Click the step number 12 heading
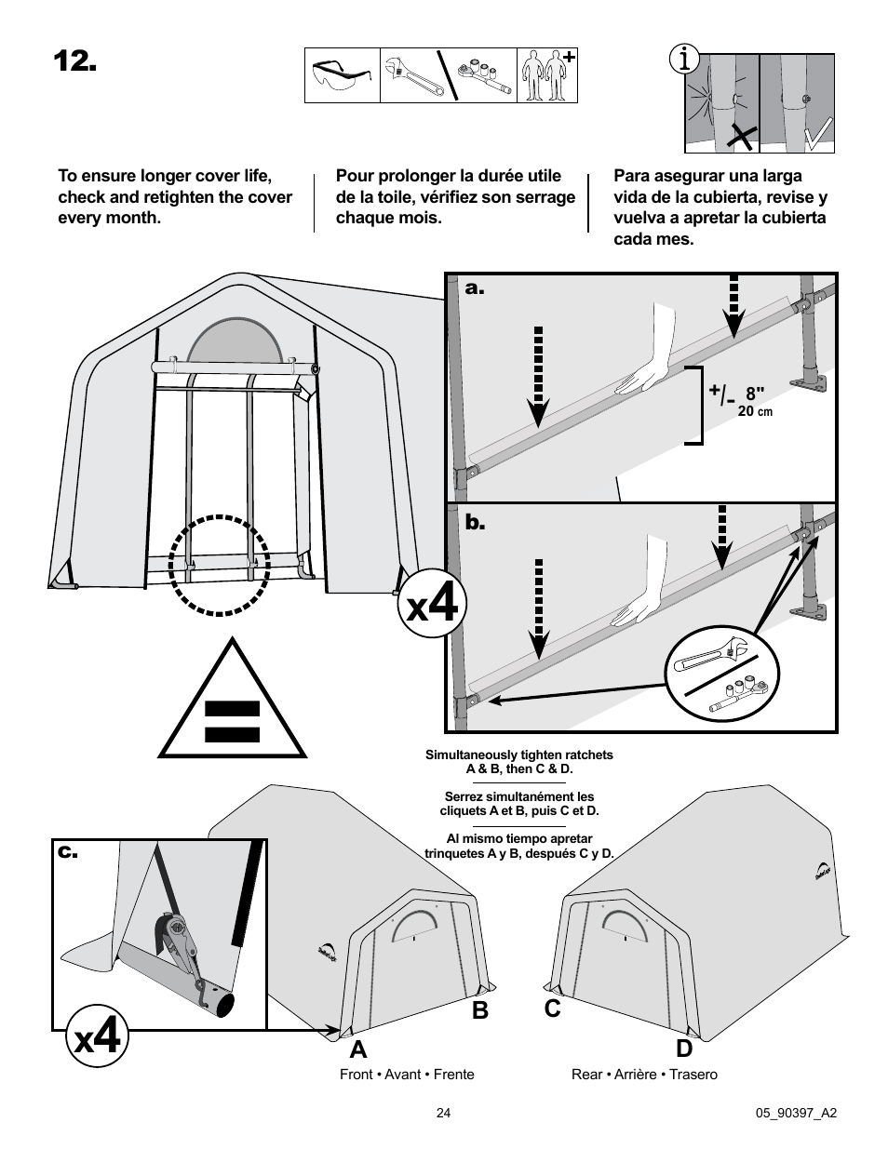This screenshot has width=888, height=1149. pos(74,61)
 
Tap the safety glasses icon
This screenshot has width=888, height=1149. pos(342,75)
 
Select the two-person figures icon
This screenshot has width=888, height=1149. pos(547,75)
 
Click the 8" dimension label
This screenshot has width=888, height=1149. pos(754,394)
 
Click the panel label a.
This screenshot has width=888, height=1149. pos(476,288)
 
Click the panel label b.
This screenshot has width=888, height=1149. pos(476,525)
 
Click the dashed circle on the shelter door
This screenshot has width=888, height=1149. pos(219,565)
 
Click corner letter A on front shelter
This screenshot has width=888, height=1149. pos(357,1049)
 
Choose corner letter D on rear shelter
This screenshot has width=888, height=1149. pos(684,1049)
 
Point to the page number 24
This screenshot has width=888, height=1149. pos(443,1112)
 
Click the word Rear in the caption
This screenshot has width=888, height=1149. pos(586,1075)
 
